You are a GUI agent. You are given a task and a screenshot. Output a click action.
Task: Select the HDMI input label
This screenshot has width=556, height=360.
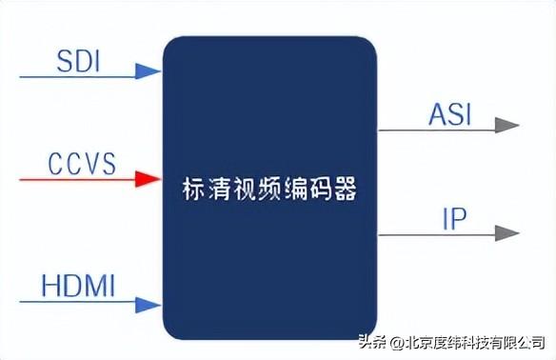[79, 285]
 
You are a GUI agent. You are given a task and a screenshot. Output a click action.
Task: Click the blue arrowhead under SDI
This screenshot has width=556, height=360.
[148, 70]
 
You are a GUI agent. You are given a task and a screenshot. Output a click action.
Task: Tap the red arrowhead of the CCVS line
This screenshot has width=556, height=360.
[148, 178]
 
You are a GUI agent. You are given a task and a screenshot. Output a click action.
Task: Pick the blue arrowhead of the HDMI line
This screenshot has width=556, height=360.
[148, 304]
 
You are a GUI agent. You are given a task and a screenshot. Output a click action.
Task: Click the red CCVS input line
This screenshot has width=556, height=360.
[76, 178]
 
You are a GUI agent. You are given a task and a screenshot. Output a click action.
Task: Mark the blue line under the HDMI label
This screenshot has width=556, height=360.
[76, 304]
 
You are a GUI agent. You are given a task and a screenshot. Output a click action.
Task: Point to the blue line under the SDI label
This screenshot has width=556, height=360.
[76, 70]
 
